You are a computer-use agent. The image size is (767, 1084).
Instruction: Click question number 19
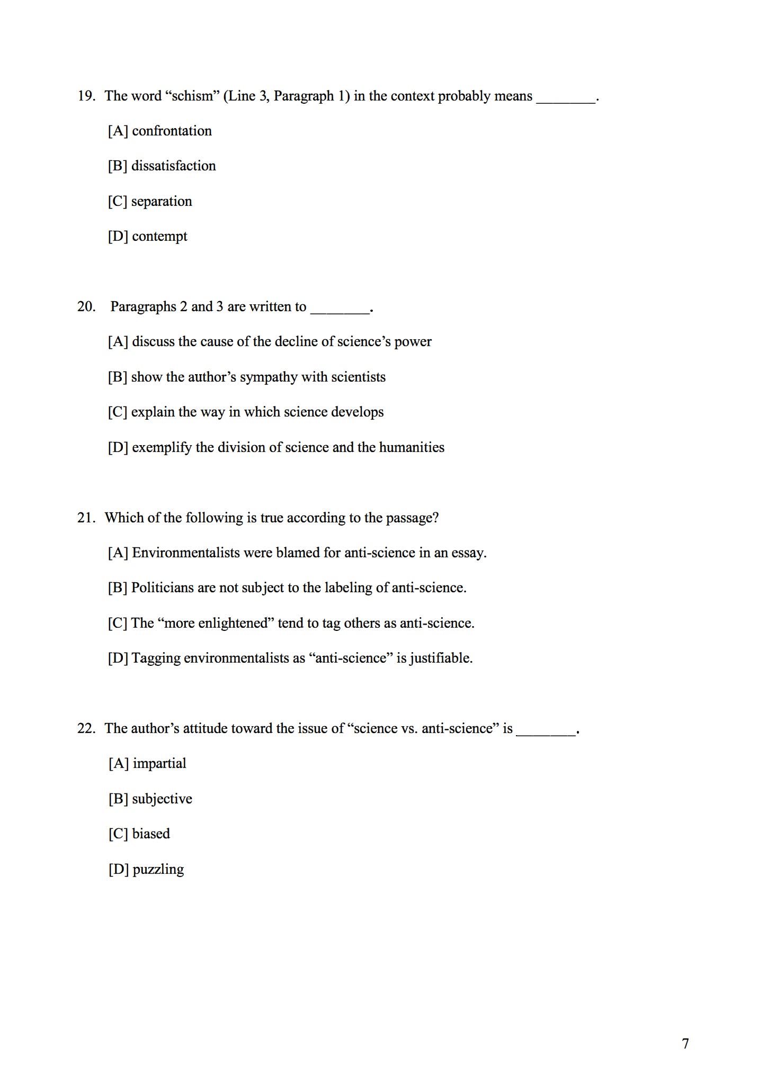pos(86,96)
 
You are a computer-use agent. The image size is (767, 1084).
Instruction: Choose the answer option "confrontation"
pos(172,131)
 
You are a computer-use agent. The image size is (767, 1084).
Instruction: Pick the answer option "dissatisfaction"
pos(173,166)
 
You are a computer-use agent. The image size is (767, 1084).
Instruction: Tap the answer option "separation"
pos(162,201)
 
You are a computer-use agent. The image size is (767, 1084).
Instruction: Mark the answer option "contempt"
pos(159,236)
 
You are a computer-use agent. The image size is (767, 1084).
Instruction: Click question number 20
pos(86,306)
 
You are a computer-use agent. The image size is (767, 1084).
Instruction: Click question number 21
pos(86,517)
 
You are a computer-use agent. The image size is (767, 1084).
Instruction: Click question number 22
pos(86,728)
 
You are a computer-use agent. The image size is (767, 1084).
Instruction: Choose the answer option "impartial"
pos(159,763)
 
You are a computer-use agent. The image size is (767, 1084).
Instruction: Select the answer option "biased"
pos(151,834)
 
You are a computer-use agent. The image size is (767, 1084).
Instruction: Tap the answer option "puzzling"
pos(158,869)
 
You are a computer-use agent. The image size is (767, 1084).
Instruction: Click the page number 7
pos(685,1044)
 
